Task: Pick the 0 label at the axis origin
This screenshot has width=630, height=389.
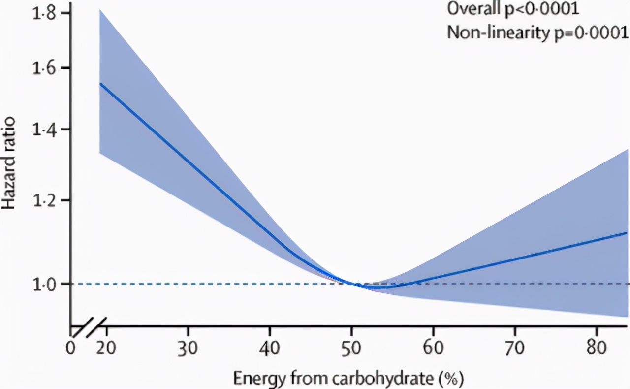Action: [x=71, y=348]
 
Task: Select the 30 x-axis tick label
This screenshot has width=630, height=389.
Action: [x=188, y=348]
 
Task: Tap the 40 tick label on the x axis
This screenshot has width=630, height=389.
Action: [x=269, y=348]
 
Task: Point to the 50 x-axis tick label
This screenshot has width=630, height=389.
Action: [x=351, y=348]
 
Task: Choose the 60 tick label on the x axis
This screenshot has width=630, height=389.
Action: [x=433, y=348]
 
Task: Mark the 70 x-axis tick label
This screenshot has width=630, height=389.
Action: [x=514, y=348]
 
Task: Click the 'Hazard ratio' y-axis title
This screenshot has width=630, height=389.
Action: [x=11, y=162]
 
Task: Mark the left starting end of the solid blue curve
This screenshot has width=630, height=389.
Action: [x=100, y=84]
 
